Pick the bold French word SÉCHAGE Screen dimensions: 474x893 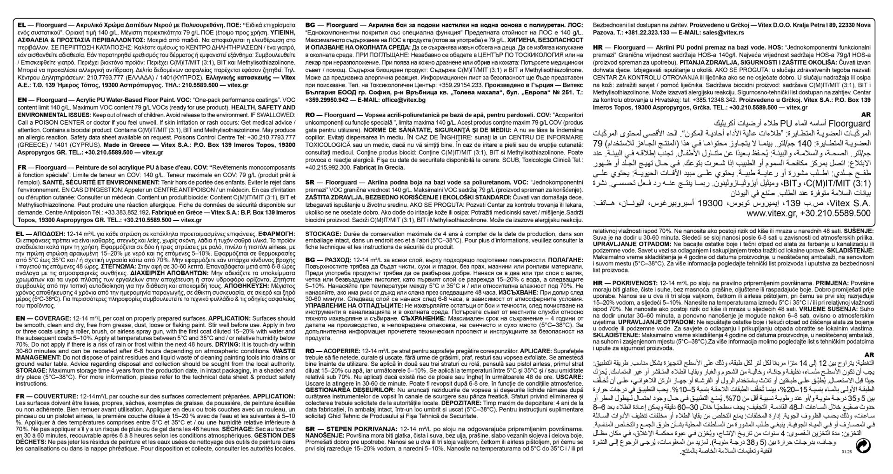pyautogui.click(x=237, y=429)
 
